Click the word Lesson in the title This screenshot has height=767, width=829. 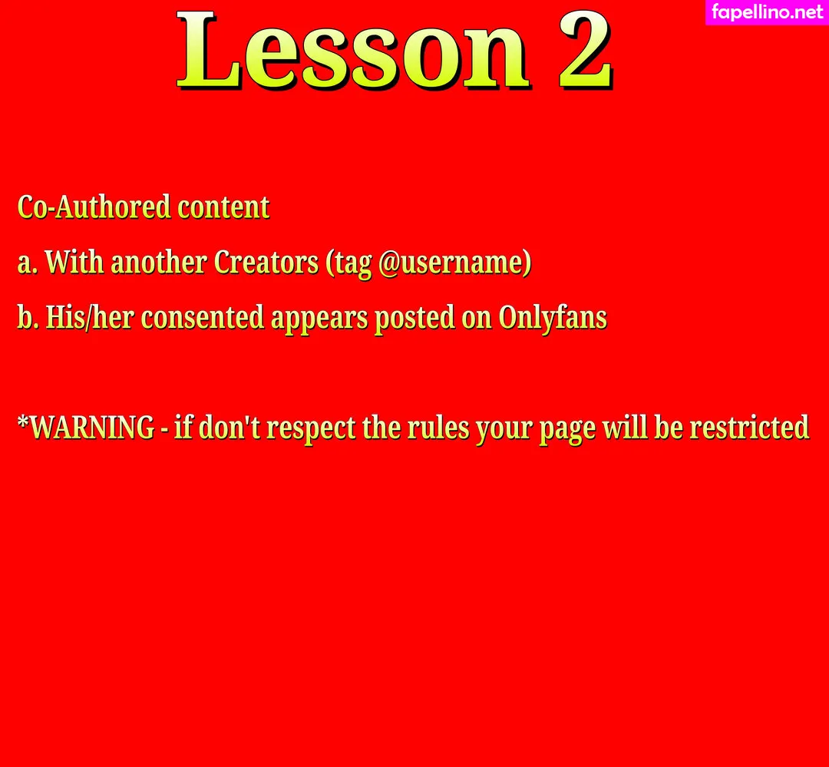(x=352, y=50)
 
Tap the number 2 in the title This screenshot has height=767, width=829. (x=586, y=49)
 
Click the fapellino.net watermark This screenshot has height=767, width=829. (x=768, y=12)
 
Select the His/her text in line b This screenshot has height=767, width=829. (x=89, y=317)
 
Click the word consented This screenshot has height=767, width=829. (x=203, y=318)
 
